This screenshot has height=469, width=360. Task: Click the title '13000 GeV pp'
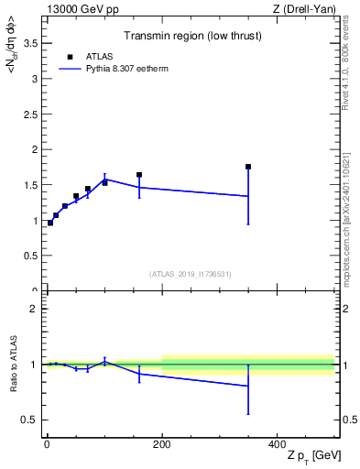pos(80,9)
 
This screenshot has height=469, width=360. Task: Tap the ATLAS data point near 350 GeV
pos(248,167)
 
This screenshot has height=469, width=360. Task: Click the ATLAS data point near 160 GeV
pos(139,175)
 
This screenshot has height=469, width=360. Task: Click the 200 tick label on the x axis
pos(162,444)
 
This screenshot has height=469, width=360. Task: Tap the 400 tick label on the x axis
pos(277,444)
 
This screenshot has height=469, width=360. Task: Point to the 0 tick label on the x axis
pos(47,444)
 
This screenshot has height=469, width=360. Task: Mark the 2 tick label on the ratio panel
pos(35,309)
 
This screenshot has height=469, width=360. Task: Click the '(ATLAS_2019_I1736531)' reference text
pos(191,273)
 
